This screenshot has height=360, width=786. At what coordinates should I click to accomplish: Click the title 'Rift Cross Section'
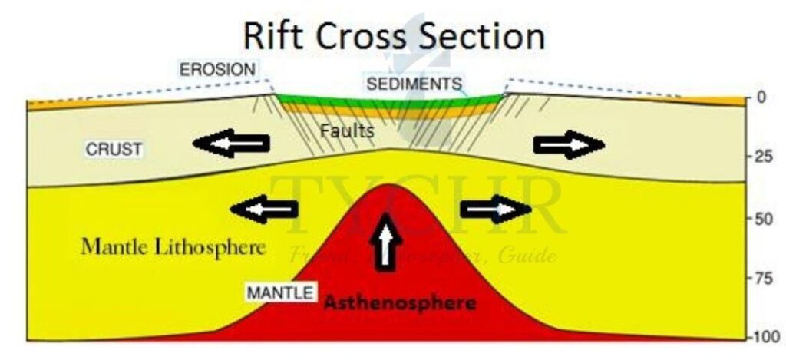pyautogui.click(x=394, y=35)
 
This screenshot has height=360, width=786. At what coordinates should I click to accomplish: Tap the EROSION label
pyautogui.click(x=217, y=69)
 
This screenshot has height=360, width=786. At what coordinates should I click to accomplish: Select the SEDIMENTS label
pyautogui.click(x=414, y=83)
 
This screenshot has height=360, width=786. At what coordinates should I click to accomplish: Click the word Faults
pyautogui.click(x=347, y=131)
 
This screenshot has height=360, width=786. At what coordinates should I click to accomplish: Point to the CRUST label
pyautogui.click(x=114, y=150)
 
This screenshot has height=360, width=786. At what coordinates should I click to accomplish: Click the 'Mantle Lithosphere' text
pyautogui.click(x=173, y=247)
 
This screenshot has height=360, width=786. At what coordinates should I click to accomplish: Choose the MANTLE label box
pyautogui.click(x=279, y=292)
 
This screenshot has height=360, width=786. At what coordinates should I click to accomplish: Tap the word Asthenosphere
pyautogui.click(x=399, y=302)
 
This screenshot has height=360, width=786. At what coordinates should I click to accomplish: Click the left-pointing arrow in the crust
pyautogui.click(x=232, y=144)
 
